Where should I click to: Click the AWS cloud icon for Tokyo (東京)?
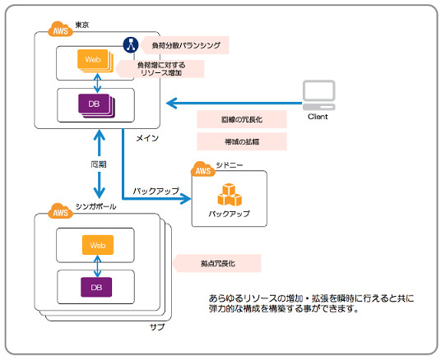(60, 30)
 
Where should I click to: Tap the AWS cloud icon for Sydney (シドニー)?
(203, 169)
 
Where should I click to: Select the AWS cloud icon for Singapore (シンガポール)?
(60, 210)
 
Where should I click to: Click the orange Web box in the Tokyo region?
(95, 61)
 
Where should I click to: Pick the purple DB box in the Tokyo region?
(96, 105)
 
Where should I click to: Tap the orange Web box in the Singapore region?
(98, 245)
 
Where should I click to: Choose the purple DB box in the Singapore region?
(96, 287)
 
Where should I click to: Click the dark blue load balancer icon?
(131, 44)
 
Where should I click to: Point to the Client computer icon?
(319, 95)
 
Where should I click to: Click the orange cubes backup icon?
(230, 195)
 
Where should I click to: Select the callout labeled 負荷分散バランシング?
(185, 45)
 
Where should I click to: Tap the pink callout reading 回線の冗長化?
(242, 119)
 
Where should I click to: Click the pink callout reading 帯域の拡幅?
(242, 141)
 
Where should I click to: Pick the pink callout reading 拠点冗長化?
(217, 263)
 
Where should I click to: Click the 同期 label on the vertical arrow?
(99, 164)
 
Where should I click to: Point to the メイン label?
(147, 138)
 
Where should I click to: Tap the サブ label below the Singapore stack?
(157, 327)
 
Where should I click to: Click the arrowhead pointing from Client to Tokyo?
(172, 103)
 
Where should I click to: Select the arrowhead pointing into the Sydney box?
(186, 199)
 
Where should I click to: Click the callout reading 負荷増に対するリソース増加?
(160, 69)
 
